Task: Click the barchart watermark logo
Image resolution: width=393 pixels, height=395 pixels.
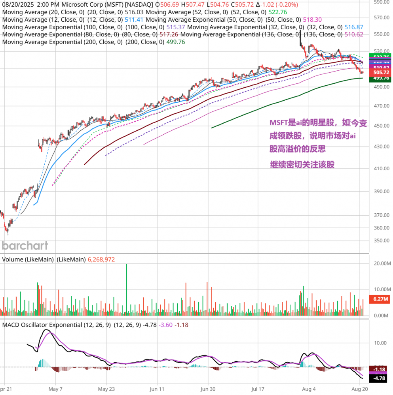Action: (25, 246)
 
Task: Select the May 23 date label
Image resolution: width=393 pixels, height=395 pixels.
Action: (106, 389)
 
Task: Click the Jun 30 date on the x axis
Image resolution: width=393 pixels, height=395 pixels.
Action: (207, 389)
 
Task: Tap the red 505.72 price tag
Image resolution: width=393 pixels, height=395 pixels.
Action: (381, 73)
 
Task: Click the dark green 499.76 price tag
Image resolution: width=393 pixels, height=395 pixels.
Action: (381, 79)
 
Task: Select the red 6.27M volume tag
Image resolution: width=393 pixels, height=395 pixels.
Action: (381, 300)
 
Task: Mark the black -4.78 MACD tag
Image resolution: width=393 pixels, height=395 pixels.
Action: (381, 378)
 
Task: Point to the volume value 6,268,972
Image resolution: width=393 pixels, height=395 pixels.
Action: (101, 260)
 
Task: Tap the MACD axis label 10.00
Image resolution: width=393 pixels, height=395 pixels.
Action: (381, 343)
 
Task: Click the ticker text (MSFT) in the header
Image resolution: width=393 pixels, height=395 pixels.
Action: (118, 5)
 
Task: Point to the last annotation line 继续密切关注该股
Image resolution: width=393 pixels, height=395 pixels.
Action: (302, 165)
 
